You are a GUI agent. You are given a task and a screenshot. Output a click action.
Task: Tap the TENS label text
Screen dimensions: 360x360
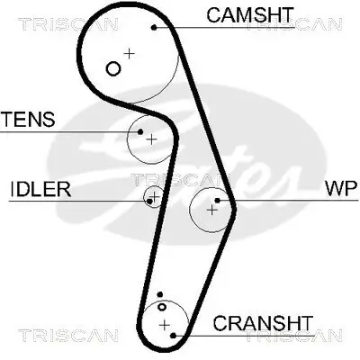coord(28,119)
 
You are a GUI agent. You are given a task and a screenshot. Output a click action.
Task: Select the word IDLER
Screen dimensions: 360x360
coord(40,190)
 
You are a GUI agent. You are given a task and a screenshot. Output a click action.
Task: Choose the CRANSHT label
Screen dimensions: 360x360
coord(263,323)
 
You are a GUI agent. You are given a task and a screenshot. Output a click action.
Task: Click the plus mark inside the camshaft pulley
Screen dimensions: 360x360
coord(129,54)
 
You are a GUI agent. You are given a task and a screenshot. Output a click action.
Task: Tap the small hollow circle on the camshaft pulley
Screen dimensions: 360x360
coord(112,68)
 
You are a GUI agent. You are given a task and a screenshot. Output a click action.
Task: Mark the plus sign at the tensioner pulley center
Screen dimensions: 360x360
coord(151,139)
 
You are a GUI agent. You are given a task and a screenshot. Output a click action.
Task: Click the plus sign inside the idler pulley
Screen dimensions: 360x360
coord(155,196)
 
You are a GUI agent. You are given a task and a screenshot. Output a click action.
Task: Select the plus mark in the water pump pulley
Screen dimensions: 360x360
coord(211,210)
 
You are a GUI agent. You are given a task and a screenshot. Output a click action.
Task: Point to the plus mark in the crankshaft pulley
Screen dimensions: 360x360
coord(164,323)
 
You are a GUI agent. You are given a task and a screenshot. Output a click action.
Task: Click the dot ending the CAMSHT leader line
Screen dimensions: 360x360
coord(154,27)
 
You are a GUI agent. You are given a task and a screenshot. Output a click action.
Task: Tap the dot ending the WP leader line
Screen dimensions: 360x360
coord(219,200)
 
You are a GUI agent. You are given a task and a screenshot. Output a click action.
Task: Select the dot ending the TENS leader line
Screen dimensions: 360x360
coord(140,132)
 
